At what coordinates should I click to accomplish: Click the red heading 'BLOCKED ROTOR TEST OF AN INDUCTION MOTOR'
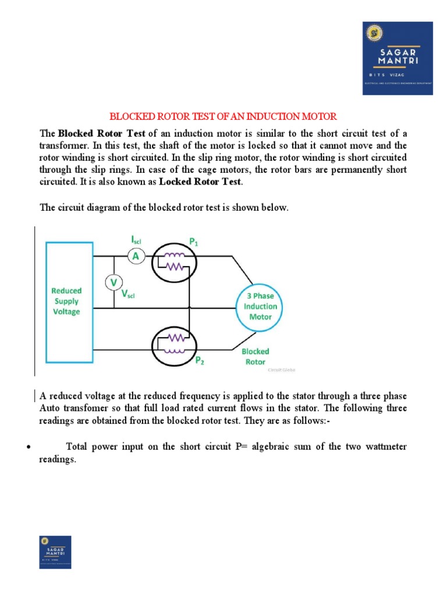224,116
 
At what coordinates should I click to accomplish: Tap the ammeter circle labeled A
136,256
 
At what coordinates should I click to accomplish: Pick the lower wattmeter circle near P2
175,344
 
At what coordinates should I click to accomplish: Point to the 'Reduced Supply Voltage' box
67,301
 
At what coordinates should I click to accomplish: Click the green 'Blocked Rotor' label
256,356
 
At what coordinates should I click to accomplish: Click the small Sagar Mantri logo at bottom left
55,552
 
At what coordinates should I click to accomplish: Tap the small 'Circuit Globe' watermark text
282,370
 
